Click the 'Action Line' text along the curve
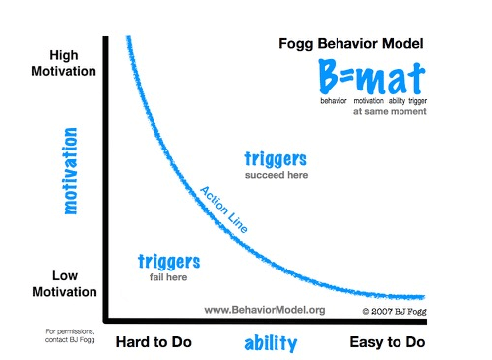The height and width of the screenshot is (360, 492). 223,207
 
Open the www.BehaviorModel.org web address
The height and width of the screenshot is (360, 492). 264,310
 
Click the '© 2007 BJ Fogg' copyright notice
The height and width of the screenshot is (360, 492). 391,311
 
